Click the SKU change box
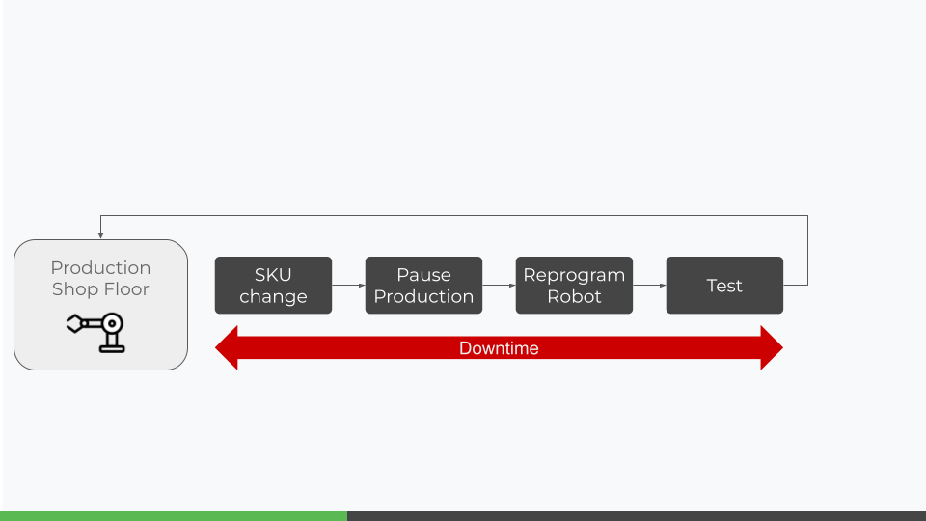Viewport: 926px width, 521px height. point(273,286)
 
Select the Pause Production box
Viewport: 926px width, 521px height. point(424,286)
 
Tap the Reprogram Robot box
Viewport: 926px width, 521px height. point(574,286)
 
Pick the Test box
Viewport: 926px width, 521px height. point(724,286)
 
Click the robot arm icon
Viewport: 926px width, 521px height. point(95,333)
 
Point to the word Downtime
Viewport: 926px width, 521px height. point(499,348)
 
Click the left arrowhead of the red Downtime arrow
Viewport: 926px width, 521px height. point(227,348)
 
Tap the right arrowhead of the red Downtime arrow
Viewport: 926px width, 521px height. point(772,348)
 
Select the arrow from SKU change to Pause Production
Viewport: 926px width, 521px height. point(348,286)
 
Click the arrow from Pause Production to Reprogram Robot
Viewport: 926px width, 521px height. point(499,286)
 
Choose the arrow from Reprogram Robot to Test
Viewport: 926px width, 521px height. point(649,286)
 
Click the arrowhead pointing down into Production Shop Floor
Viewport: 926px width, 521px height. point(101,235)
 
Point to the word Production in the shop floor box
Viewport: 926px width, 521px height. point(100,267)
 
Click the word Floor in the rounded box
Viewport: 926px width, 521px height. point(126,288)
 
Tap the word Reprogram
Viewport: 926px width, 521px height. point(574,276)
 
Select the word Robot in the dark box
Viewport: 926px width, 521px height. point(574,296)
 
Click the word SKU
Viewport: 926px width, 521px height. point(273,275)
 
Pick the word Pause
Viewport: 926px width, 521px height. point(424,275)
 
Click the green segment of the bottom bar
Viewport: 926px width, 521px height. point(174,516)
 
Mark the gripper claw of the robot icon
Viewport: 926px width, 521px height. point(75,324)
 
